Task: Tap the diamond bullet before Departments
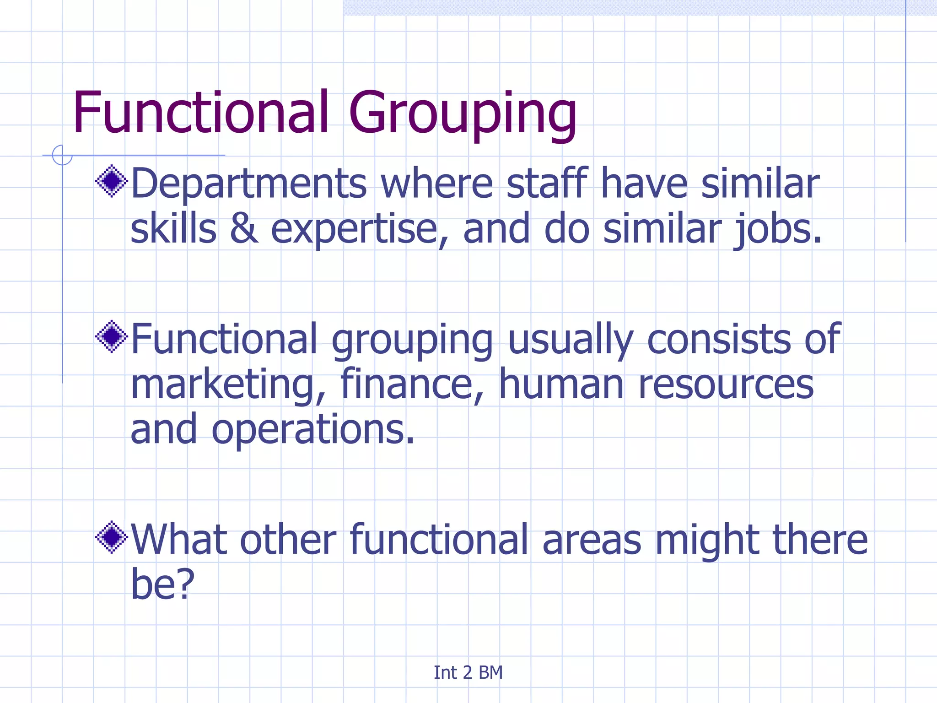112,181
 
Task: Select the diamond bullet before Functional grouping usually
112,337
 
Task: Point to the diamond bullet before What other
112,537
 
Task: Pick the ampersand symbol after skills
243,229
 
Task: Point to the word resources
726,384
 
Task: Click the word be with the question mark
162,584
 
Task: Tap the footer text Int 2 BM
468,672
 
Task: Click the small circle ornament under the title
62,155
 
